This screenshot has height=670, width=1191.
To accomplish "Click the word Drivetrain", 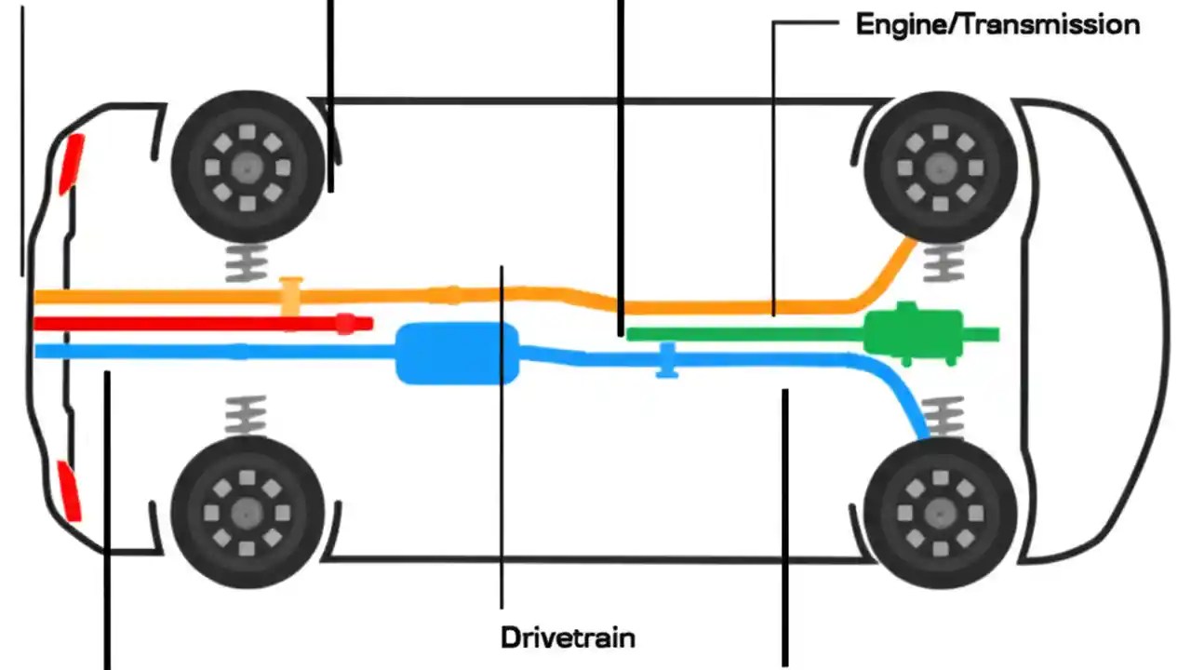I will tap(568, 638).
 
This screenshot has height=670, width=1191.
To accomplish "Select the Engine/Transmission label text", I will tap(997, 25).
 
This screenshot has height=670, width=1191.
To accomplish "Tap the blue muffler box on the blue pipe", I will tap(456, 354).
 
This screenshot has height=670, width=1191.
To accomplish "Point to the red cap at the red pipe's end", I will tap(346, 324).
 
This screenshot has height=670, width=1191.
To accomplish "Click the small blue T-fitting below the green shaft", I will tap(666, 360).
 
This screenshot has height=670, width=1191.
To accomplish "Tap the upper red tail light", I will tap(72, 164).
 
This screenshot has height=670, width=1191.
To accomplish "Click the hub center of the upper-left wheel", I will tap(248, 168).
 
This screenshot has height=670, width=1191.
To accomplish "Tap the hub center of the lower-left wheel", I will tap(248, 513).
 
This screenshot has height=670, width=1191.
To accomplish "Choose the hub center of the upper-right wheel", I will tap(941, 168).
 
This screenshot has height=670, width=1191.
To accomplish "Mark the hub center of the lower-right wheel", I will tap(941, 513).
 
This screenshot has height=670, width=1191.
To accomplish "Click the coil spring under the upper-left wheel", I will tap(247, 264).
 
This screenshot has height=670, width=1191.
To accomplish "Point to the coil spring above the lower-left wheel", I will tap(247, 415).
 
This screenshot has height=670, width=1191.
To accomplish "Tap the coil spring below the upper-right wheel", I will tap(943, 264).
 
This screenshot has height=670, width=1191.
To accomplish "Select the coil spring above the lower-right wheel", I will tap(945, 415).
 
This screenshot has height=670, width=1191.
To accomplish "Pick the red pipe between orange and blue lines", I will tap(186, 324).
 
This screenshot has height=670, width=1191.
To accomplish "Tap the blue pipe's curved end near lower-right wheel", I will tap(907, 400).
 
